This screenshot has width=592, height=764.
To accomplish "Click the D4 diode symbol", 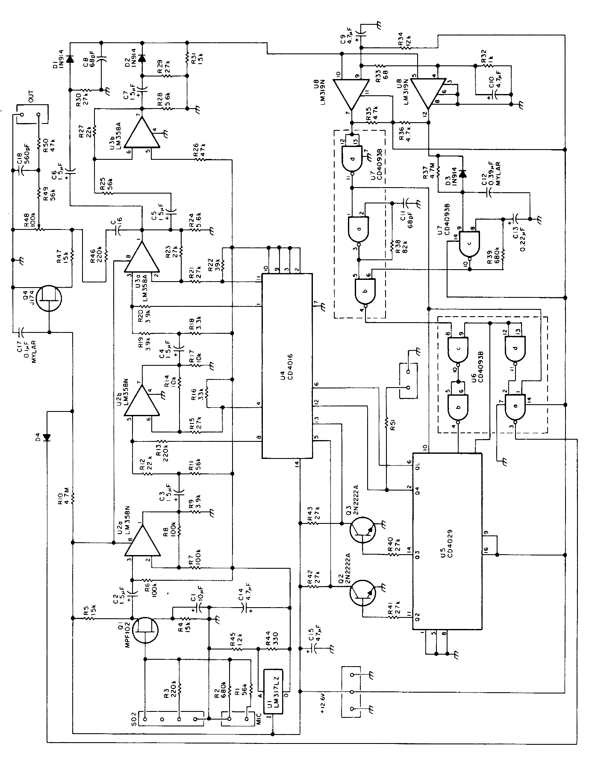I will pos(46,437).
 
